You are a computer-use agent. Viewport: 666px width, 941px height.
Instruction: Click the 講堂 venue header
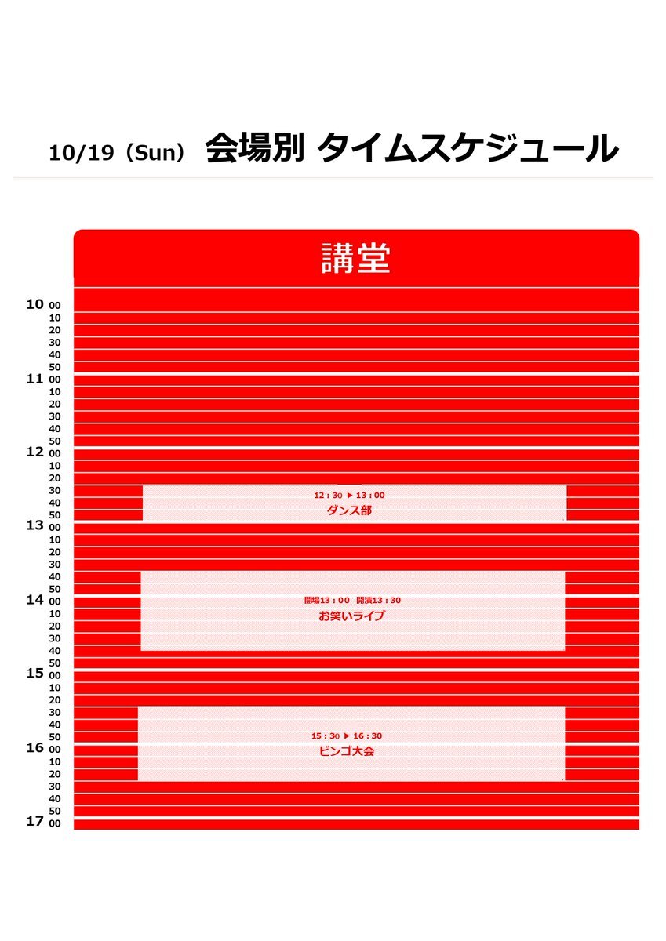[355, 259]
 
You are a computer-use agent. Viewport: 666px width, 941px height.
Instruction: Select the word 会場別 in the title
[254, 149]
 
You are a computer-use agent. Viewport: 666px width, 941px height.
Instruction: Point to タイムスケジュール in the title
[468, 149]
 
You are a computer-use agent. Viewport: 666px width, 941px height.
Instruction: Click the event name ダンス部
[349, 510]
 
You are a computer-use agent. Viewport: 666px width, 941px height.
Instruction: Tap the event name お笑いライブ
[351, 616]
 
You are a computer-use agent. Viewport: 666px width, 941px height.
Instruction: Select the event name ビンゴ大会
[348, 751]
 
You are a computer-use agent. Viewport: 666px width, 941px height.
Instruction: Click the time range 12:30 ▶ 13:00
[349, 496]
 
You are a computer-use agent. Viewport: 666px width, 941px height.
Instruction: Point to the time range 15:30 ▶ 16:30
[347, 736]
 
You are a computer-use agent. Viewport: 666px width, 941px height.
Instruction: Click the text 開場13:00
[327, 601]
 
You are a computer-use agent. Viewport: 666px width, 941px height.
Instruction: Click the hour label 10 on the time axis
[35, 304]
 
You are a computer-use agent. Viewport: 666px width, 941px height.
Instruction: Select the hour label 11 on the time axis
[35, 378]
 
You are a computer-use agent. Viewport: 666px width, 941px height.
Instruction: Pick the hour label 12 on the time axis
[35, 452]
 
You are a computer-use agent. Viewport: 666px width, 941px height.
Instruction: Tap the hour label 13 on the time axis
[35, 525]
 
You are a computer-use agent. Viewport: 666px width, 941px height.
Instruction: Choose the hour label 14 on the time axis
[35, 600]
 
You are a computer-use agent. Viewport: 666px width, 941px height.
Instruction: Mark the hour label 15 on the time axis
[35, 673]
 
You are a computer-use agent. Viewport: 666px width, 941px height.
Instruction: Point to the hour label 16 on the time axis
[35, 747]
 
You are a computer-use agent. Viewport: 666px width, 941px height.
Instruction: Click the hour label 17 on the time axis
[35, 821]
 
